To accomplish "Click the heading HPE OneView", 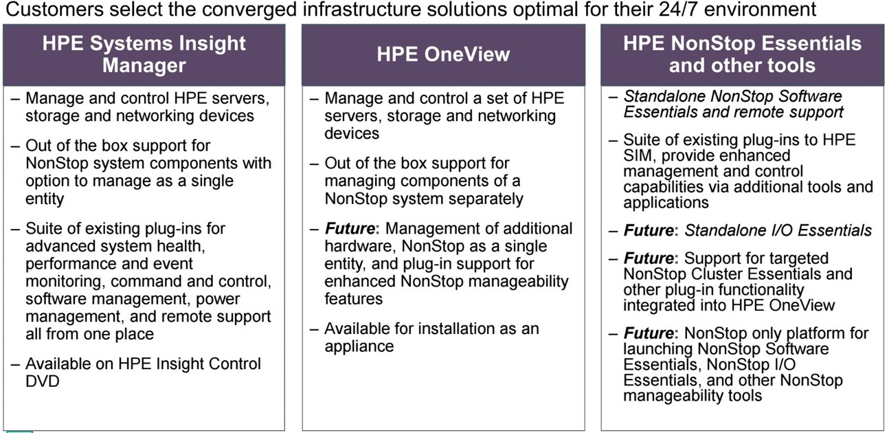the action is [443, 54].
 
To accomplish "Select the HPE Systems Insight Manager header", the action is [144, 54].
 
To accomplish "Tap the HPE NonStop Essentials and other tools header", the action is [742, 54].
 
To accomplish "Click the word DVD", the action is [43, 381].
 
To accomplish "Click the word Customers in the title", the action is [54, 9].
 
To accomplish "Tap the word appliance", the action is [359, 347].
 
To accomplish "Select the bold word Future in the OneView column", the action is [350, 229].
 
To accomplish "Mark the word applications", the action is [666, 203].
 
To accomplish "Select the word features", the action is [354, 299].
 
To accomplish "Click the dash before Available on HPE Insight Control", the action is [16, 364].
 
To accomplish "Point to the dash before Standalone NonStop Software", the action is [614, 96].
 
